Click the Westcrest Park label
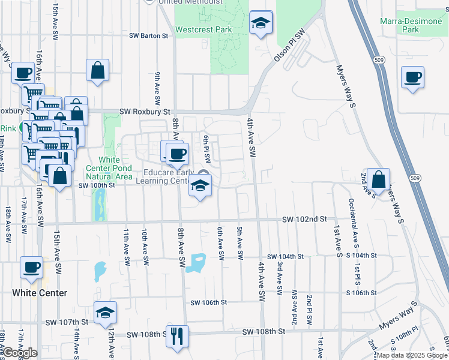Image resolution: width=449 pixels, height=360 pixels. [x=203, y=29]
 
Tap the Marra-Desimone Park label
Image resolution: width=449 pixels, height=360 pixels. [x=411, y=25]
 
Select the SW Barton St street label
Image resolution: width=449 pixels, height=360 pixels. [x=149, y=36]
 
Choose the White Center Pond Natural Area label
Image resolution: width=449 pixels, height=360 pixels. [x=109, y=168]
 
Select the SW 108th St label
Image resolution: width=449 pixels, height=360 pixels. [x=263, y=331]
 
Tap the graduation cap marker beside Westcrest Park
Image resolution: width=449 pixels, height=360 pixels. [x=261, y=23]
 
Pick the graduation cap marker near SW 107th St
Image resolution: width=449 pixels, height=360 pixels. [x=105, y=313]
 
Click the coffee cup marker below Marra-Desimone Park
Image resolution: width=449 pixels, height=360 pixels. [x=413, y=78]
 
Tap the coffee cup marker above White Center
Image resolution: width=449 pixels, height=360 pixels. [x=32, y=268]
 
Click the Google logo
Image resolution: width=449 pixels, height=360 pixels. [x=20, y=353]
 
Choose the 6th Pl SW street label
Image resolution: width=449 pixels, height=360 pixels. [x=206, y=149]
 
